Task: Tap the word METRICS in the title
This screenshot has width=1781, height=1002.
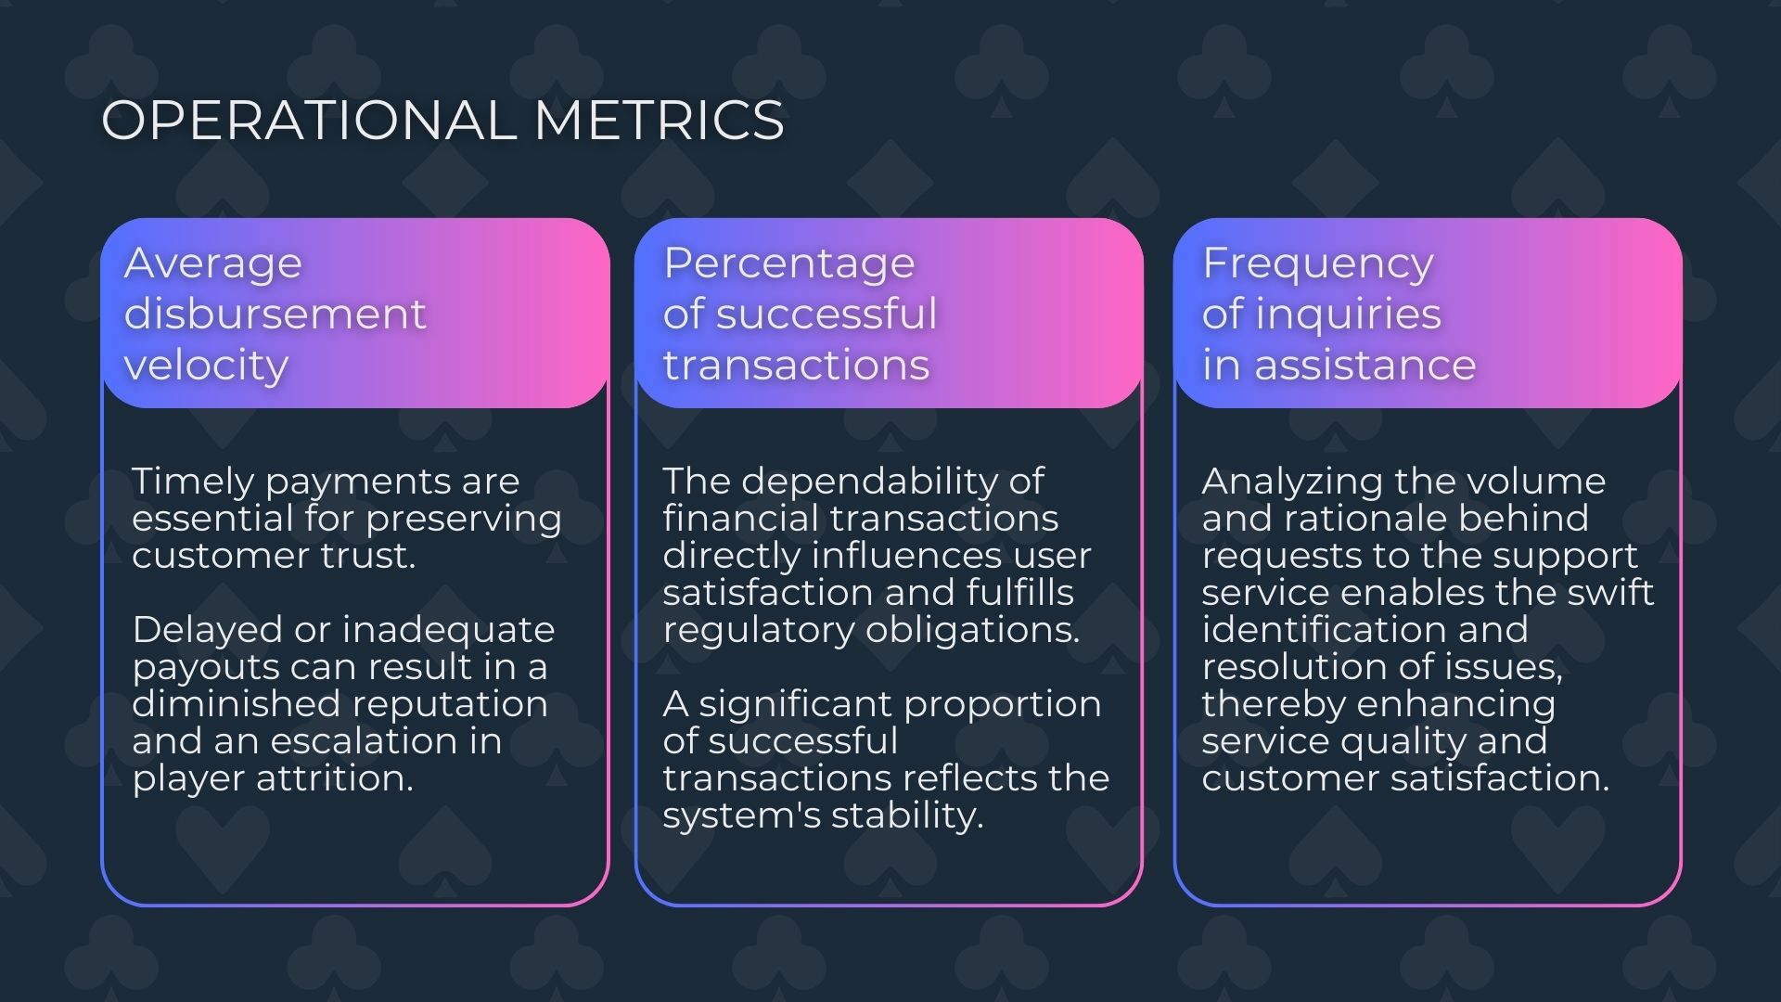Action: pos(660,121)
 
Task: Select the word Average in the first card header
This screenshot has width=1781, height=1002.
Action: pos(213,263)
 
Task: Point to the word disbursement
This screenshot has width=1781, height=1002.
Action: pos(275,314)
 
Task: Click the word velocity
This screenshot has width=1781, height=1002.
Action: pos(206,365)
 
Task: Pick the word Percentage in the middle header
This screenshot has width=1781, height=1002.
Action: pos(788,264)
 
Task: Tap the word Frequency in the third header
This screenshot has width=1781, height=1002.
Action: pos(1317,264)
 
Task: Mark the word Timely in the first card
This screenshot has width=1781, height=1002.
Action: pos(192,482)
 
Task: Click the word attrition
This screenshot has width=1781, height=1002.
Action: pos(335,778)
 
